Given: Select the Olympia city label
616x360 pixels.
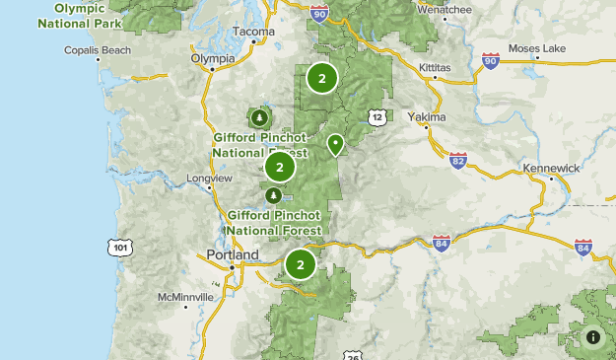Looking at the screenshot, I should pyautogui.click(x=213, y=58).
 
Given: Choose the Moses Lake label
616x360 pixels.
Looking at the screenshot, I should pyautogui.click(x=538, y=48).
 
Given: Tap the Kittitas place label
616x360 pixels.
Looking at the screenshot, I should pyautogui.click(x=409, y=68).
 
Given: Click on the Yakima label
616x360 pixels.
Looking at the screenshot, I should pyautogui.click(x=427, y=116).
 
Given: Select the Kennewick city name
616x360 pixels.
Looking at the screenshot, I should pyautogui.click(x=551, y=169).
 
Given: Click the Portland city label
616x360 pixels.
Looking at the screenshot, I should pyautogui.click(x=232, y=254).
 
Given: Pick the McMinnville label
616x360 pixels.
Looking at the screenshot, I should pyautogui.click(x=185, y=296).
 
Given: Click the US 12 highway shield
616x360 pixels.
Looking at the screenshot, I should pyautogui.click(x=378, y=117).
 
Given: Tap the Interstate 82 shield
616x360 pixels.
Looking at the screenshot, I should pyautogui.click(x=457, y=160).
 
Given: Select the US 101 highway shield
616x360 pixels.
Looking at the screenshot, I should pyautogui.click(x=119, y=247).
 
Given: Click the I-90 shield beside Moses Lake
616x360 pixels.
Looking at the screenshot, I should pyautogui.click(x=490, y=61).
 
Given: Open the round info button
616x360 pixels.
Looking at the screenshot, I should pyautogui.click(x=593, y=337).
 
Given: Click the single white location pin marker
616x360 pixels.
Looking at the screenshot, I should pyautogui.click(x=335, y=145).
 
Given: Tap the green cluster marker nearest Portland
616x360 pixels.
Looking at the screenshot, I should pyautogui.click(x=300, y=264).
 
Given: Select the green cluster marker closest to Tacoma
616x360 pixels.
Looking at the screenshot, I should pyautogui.click(x=321, y=78).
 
